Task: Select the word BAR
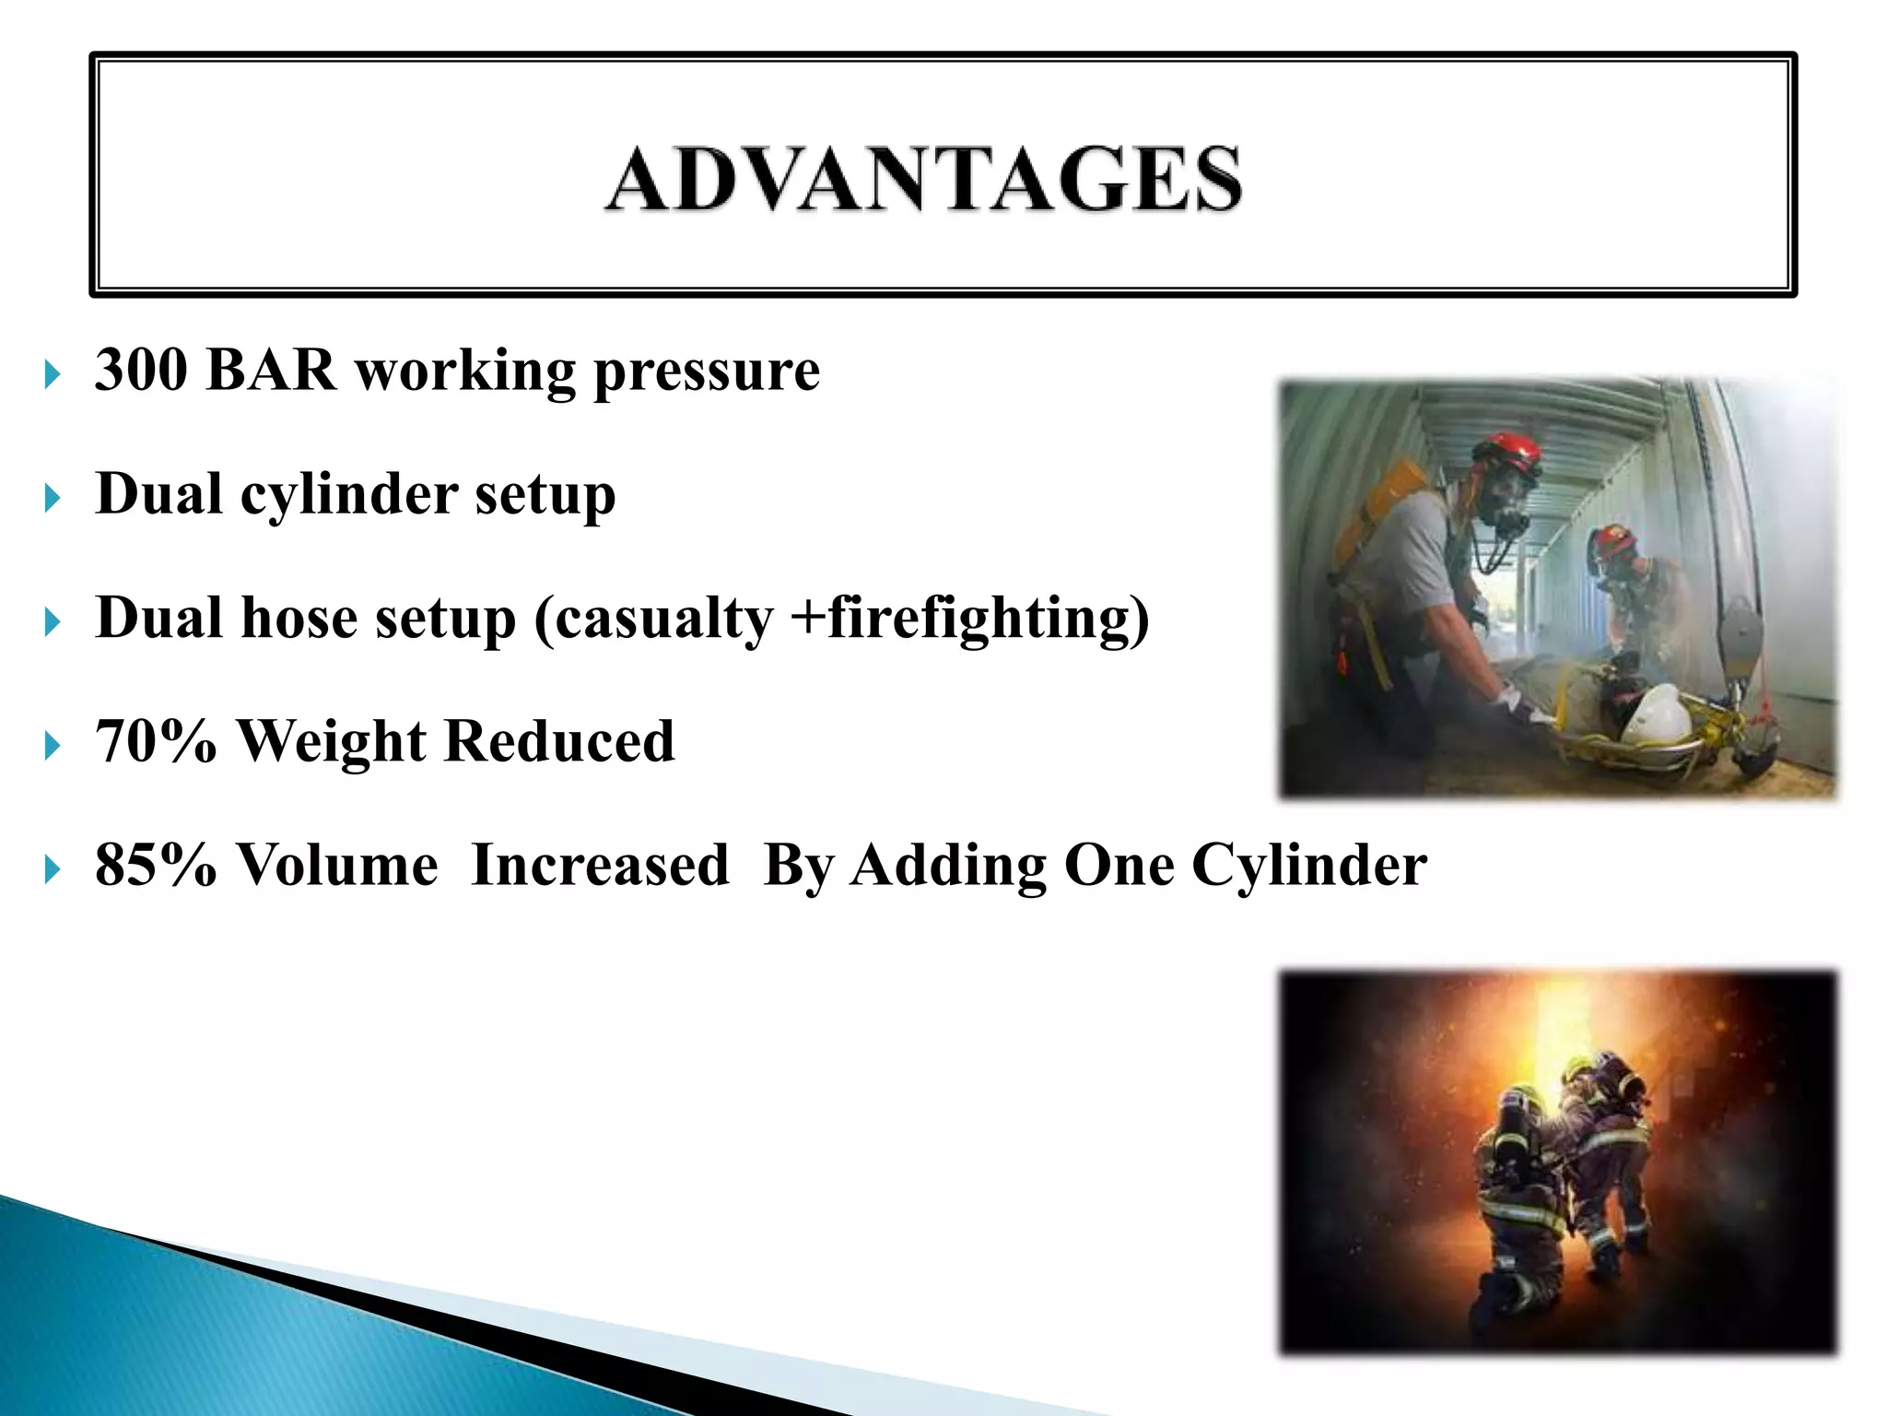[271, 370]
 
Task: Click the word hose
[299, 618]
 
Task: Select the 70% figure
[155, 741]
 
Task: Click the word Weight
[332, 743]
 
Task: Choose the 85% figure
[155, 866]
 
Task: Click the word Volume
[336, 866]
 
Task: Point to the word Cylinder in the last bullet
[1308, 867]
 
